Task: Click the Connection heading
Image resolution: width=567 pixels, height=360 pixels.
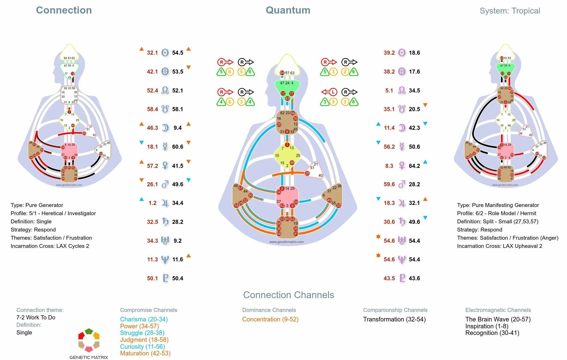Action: click(x=64, y=10)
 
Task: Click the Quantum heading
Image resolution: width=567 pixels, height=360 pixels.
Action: click(x=288, y=10)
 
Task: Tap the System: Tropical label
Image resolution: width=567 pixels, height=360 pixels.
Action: click(x=509, y=11)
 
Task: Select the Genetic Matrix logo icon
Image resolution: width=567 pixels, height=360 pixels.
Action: click(x=89, y=340)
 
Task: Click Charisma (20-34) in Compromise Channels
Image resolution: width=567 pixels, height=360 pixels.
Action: click(x=144, y=319)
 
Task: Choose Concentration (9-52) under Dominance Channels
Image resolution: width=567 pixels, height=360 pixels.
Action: click(x=270, y=319)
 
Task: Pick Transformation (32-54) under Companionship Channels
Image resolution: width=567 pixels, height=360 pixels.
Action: click(x=394, y=319)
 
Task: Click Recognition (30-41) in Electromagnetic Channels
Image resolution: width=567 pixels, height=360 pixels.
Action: click(x=492, y=333)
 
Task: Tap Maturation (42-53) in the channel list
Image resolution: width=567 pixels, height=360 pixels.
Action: click(x=145, y=353)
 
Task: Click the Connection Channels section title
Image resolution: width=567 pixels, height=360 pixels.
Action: click(x=288, y=295)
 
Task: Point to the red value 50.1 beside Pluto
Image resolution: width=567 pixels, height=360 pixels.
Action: click(x=152, y=278)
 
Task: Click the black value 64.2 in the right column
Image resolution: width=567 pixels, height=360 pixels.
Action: click(x=414, y=166)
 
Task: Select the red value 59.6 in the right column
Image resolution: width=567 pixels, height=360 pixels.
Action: click(x=389, y=184)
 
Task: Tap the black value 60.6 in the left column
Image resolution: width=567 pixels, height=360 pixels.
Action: click(x=178, y=147)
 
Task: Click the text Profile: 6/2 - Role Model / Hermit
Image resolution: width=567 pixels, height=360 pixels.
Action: click(x=496, y=213)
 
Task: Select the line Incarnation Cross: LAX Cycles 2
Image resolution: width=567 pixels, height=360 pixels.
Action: click(x=50, y=246)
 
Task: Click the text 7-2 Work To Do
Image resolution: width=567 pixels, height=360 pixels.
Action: click(x=36, y=317)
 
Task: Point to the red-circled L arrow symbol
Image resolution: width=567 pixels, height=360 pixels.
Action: click(x=329, y=92)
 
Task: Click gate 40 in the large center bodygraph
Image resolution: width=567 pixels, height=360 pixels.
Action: click(x=320, y=175)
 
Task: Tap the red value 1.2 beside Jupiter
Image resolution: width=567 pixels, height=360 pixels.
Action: click(x=153, y=203)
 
